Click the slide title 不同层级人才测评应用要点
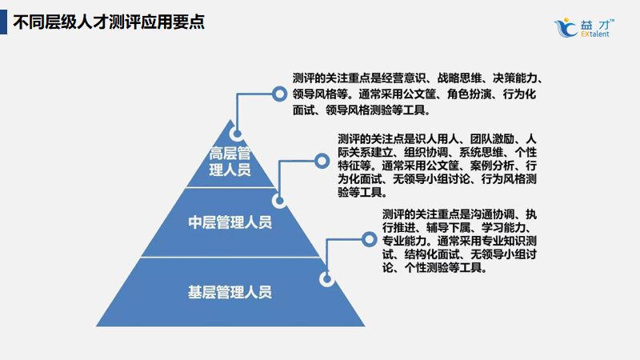(108, 22)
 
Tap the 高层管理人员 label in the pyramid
(230, 161)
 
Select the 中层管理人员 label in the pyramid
(230, 222)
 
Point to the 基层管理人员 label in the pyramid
(230, 291)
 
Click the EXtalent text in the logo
(595, 35)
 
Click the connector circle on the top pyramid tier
(236, 134)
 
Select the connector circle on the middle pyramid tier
(279, 200)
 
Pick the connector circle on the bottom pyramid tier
(326, 278)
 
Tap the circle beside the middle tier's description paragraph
(321, 161)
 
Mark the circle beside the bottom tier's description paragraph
(369, 238)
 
